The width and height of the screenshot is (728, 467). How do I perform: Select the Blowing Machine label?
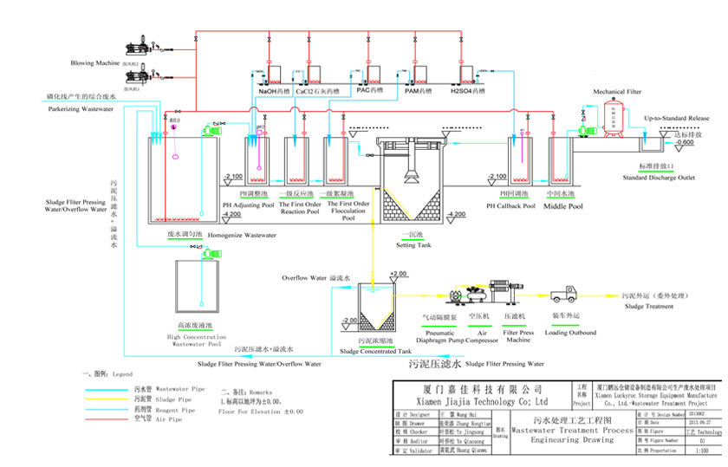pyautogui.click(x=96, y=63)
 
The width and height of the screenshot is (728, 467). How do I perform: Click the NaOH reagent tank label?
pyautogui.click(x=274, y=89)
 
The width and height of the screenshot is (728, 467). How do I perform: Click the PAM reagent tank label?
pyautogui.click(x=419, y=89)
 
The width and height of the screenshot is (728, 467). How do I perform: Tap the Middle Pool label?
pyautogui.click(x=562, y=206)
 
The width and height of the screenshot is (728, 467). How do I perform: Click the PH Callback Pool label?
pyautogui.click(x=510, y=206)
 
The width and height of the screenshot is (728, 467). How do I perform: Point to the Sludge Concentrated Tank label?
pyautogui.click(x=375, y=351)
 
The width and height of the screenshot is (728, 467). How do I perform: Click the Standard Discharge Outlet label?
pyautogui.click(x=659, y=178)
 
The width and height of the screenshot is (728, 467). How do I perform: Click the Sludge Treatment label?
pyautogui.click(x=647, y=306)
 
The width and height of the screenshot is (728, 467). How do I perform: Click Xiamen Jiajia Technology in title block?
pyautogui.click(x=478, y=402)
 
